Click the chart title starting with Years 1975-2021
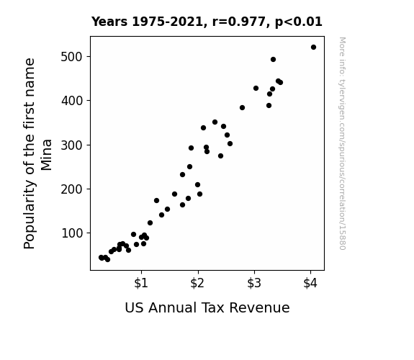click(x=207, y=22)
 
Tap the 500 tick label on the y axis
click(x=72, y=57)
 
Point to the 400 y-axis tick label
click(x=72, y=101)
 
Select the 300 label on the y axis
click(x=72, y=145)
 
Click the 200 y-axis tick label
click(x=72, y=189)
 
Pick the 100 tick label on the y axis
click(x=72, y=233)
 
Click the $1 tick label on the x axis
click(x=141, y=283)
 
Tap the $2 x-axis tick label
click(x=197, y=283)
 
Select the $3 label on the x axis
click(x=254, y=283)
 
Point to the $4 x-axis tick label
click(x=310, y=283)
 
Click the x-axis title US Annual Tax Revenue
click(x=207, y=307)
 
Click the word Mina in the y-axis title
click(x=47, y=155)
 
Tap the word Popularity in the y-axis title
click(x=29, y=215)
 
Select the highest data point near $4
click(x=313, y=48)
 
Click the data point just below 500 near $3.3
click(x=274, y=60)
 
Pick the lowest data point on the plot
click(x=107, y=259)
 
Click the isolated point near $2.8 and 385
click(x=242, y=107)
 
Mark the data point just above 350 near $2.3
click(x=215, y=122)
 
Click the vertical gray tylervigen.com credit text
click(x=343, y=143)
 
